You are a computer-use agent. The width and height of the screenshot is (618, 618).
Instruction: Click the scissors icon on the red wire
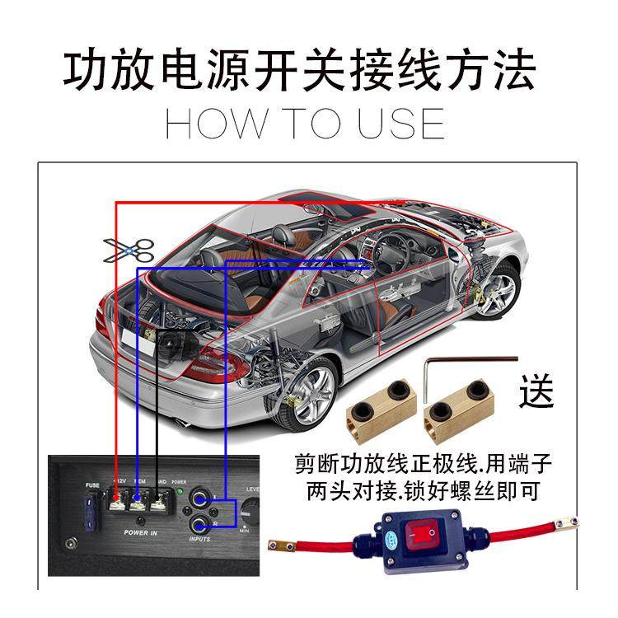pyautogui.click(x=129, y=250)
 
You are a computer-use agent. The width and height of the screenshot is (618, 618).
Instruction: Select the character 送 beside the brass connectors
pyautogui.click(x=536, y=390)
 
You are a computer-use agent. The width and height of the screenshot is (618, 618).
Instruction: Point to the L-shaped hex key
pyautogui.click(x=461, y=368)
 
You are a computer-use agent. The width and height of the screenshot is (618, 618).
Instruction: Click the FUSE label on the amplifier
pyautogui.click(x=91, y=486)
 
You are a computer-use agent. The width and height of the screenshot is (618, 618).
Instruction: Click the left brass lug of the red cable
pyautogui.click(x=283, y=545)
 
